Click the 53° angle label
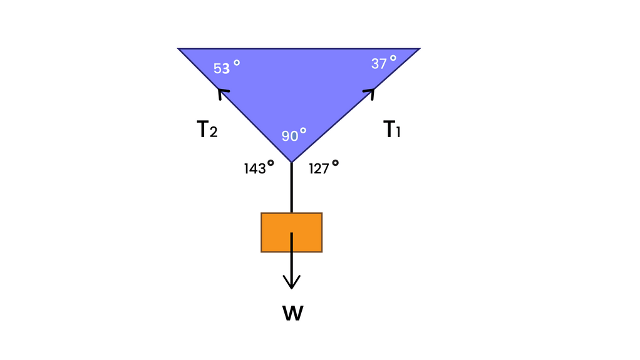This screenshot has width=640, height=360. point(226,68)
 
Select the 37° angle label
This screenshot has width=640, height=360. point(383,63)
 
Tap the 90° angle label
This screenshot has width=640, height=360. point(294,135)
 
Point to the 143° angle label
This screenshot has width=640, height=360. point(259,168)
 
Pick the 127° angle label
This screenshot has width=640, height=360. point(323,168)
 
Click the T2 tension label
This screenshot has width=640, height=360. point(207,130)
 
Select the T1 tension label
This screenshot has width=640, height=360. point(392,130)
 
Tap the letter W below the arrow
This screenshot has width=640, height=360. point(292,314)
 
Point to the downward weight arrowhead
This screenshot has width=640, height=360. point(291,283)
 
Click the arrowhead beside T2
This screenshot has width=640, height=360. point(221,93)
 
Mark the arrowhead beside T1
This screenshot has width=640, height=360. point(371,93)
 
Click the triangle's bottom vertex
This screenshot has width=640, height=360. point(291,161)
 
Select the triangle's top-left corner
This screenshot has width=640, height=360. point(180,49)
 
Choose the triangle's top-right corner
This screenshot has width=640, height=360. point(418,49)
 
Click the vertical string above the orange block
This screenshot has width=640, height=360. point(291,188)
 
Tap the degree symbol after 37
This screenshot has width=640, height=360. point(393,58)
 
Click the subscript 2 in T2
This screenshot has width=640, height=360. point(214,133)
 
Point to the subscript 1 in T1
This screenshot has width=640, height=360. point(398,133)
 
